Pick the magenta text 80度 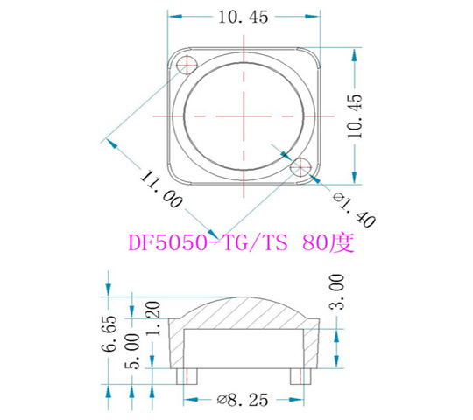point(328,242)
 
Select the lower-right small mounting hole point(300,166)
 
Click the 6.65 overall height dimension point(109,334)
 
